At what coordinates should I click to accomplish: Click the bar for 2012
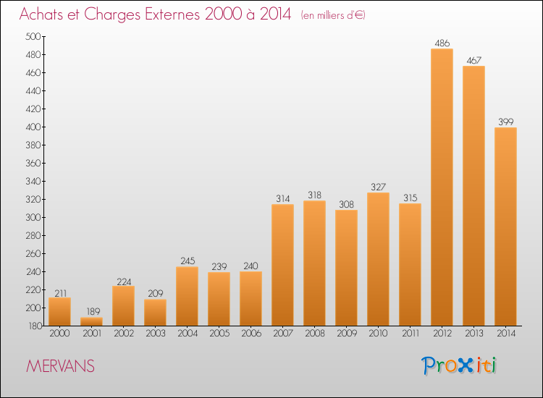click(x=442, y=187)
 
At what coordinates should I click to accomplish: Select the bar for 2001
click(x=91, y=321)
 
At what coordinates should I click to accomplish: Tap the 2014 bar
click(x=505, y=226)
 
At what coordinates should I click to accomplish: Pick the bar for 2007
click(x=282, y=265)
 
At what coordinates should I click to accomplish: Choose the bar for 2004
click(x=187, y=296)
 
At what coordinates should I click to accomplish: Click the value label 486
click(x=442, y=43)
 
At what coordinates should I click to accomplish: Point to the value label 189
click(x=93, y=311)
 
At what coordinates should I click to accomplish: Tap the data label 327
click(x=378, y=187)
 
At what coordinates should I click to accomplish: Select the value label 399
click(x=506, y=122)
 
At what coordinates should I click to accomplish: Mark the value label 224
click(x=124, y=281)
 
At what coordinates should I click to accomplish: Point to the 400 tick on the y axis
click(x=33, y=127)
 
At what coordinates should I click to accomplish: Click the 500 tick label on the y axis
click(x=33, y=36)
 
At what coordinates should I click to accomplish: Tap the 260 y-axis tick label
click(x=33, y=254)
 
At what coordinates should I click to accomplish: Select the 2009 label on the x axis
click(x=347, y=333)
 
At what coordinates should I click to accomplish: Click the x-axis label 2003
click(x=156, y=333)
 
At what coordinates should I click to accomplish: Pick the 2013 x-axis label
click(x=474, y=333)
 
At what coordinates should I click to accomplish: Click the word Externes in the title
click(x=172, y=14)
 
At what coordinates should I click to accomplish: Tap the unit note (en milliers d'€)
click(x=333, y=15)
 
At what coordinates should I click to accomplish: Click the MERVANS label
click(x=60, y=366)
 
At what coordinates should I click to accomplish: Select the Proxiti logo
click(x=459, y=365)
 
